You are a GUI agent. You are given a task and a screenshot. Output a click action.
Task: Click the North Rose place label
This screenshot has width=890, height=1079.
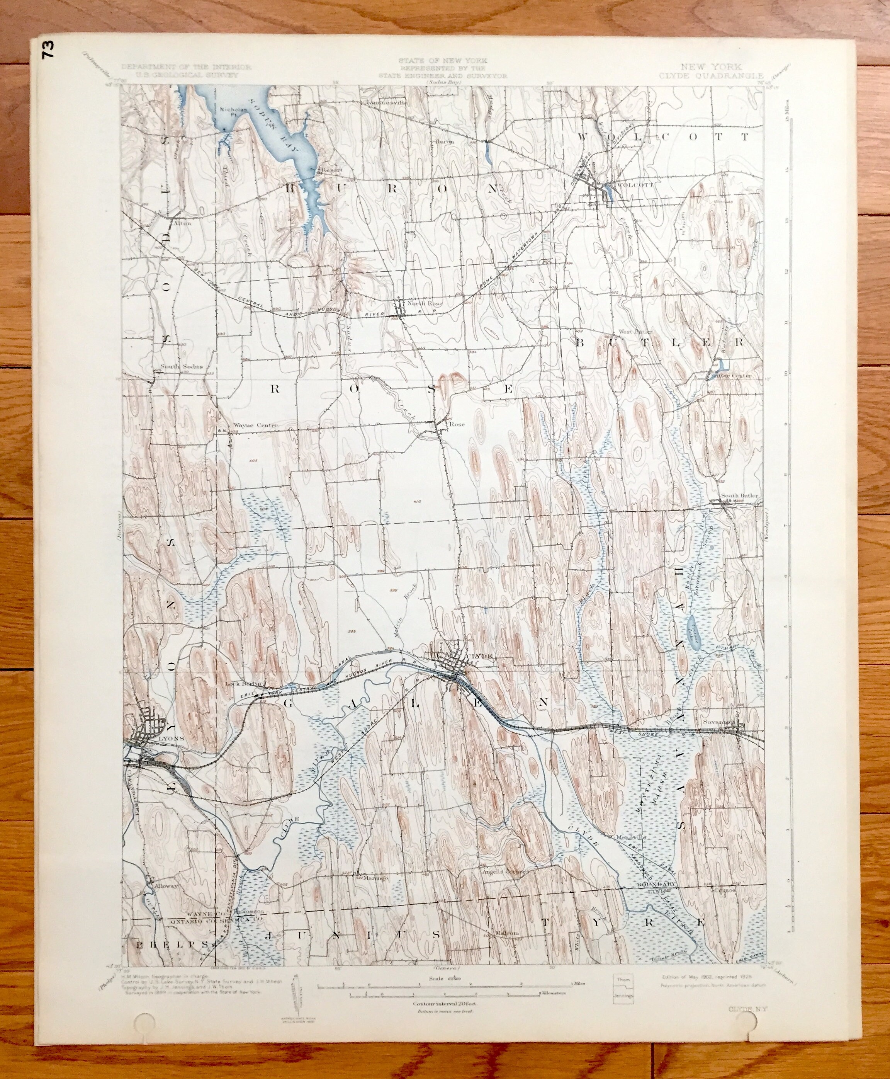click(x=423, y=304)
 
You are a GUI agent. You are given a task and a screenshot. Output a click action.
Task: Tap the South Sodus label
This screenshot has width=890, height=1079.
click(x=182, y=367)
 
